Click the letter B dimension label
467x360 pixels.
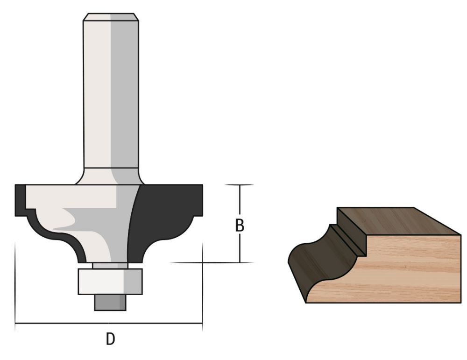239,225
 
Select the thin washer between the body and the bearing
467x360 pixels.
110,266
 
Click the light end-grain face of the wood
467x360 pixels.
411,271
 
